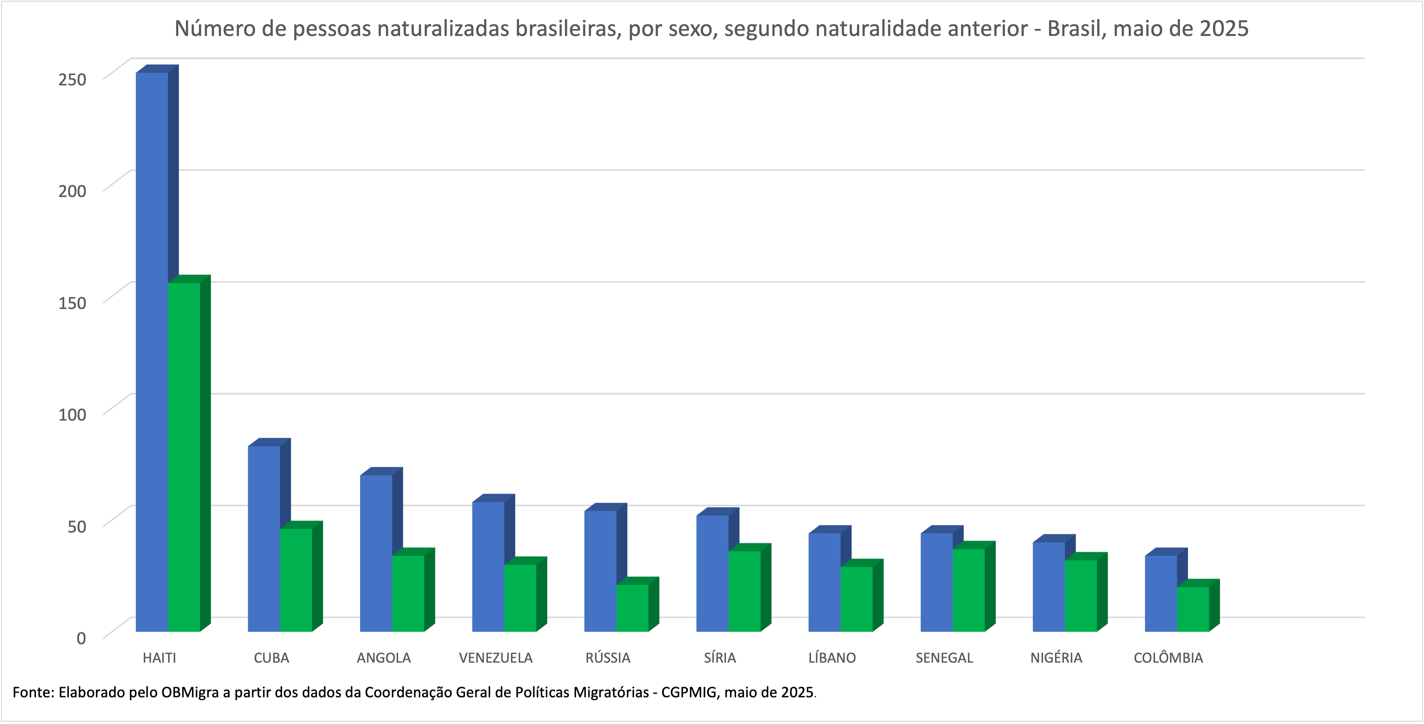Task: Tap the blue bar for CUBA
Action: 264,538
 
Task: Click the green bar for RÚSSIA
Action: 632,608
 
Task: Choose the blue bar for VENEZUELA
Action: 488,566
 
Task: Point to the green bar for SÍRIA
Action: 744,591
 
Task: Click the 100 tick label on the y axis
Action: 72,414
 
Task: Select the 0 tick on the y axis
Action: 81,638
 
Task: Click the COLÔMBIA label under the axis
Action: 1168,658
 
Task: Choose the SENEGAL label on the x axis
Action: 944,658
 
